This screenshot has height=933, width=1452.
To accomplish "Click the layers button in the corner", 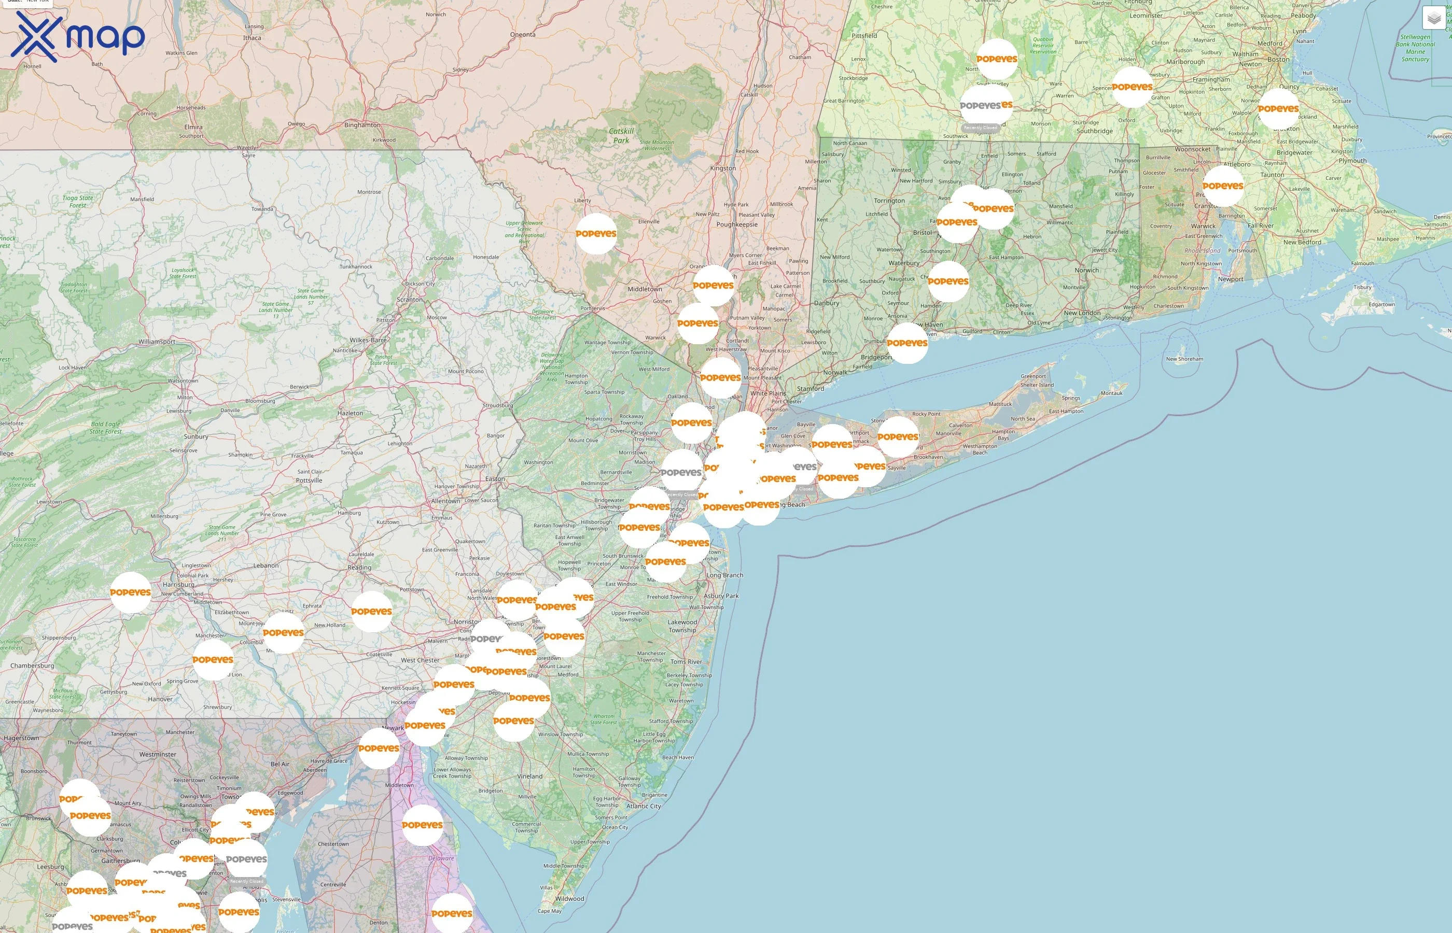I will [x=1433, y=19].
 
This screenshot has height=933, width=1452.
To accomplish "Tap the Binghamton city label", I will [x=362, y=125].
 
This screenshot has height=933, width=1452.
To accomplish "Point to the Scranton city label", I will [x=410, y=299].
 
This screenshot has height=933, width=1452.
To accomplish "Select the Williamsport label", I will [x=157, y=342].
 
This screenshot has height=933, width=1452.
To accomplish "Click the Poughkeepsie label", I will [x=736, y=224].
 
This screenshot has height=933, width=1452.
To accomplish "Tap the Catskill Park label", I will [x=621, y=136].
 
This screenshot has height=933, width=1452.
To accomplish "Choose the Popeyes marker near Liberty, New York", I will [x=596, y=233].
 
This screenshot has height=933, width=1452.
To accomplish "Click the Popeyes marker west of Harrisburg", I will [x=130, y=592].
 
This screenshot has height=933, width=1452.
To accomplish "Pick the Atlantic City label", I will [x=644, y=806].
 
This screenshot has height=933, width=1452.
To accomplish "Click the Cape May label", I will [x=549, y=911].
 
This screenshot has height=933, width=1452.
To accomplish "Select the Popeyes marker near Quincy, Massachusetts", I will [x=1278, y=108].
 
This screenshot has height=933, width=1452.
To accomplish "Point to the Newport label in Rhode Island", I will [x=1230, y=279].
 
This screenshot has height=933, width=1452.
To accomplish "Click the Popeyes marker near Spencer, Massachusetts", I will [x=1132, y=87].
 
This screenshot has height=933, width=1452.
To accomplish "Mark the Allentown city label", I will [x=445, y=501].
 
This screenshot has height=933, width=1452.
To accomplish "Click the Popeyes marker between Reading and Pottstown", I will [x=371, y=611].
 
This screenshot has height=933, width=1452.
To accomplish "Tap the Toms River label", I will [x=686, y=661].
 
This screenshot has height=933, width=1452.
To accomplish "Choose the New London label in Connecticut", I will [x=1082, y=313].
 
